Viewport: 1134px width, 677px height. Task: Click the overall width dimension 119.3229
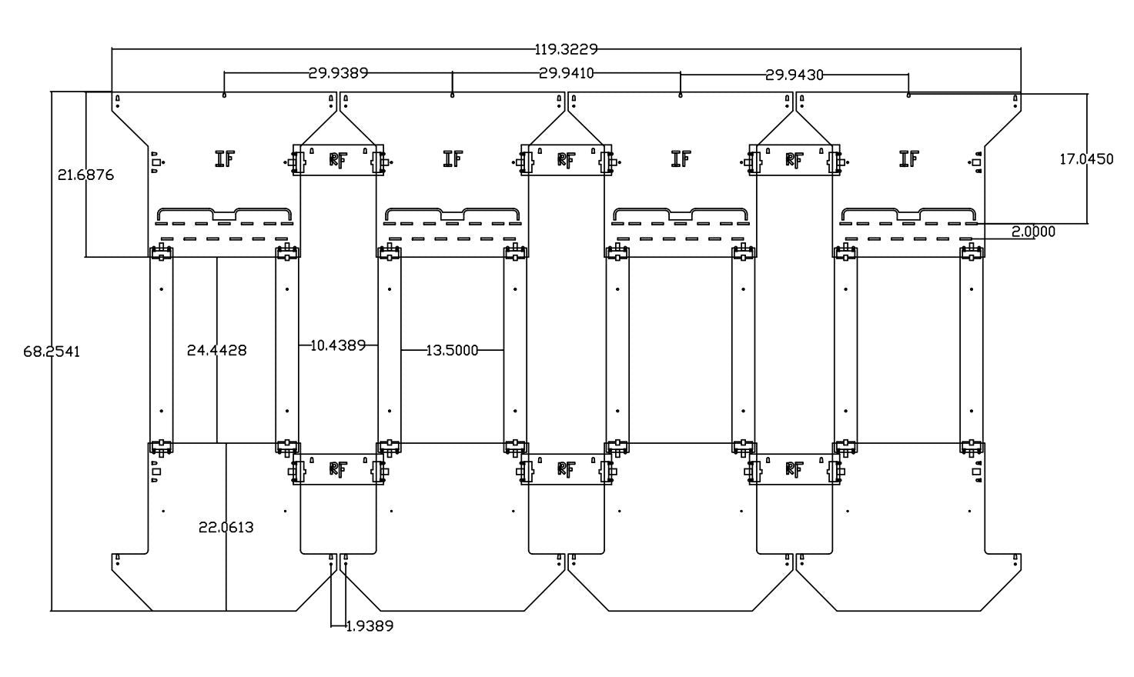coord(566,50)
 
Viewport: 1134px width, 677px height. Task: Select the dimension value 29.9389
coord(338,73)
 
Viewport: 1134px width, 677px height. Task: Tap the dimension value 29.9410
coord(566,73)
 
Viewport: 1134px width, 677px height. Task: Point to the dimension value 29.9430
coord(794,75)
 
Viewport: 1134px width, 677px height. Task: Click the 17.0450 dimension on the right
coord(1086,159)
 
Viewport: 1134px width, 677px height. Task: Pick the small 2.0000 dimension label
coord(1033,232)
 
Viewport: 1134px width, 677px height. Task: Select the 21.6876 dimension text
coord(85,175)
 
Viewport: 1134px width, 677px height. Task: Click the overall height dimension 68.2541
coord(52,352)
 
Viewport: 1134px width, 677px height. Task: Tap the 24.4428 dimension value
coord(217,350)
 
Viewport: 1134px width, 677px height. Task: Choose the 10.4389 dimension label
coord(338,345)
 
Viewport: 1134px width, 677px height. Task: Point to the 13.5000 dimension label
coord(452,351)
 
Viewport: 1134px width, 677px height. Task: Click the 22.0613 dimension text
coord(226,527)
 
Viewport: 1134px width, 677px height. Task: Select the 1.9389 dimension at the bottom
coord(370,626)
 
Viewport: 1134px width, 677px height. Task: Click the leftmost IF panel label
coord(224,159)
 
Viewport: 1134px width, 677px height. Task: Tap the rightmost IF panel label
coord(908,159)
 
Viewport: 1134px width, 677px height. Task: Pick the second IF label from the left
coord(453,159)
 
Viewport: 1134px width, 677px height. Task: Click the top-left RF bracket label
coord(338,160)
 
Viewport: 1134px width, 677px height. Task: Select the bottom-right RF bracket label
coord(794,469)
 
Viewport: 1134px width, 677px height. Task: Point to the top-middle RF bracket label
coord(566,160)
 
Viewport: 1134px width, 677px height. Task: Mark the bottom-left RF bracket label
coord(338,469)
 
